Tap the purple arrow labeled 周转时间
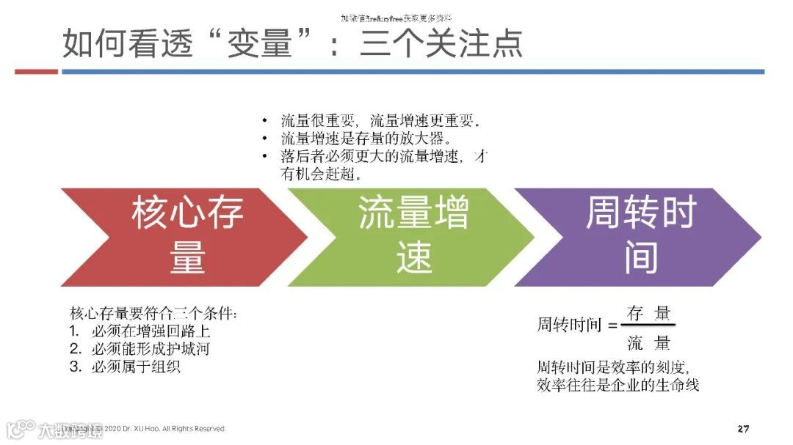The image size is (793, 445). (640, 237)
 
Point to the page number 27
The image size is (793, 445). (743, 428)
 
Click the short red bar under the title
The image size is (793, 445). (36, 72)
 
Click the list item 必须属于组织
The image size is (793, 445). (136, 366)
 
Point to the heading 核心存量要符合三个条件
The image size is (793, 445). (153, 312)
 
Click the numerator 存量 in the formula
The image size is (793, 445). (649, 314)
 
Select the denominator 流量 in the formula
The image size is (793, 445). (649, 342)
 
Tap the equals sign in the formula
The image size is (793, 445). (613, 326)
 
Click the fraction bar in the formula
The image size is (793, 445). (649, 326)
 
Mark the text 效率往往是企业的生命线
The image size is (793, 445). (618, 385)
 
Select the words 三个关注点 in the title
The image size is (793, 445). (441, 43)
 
